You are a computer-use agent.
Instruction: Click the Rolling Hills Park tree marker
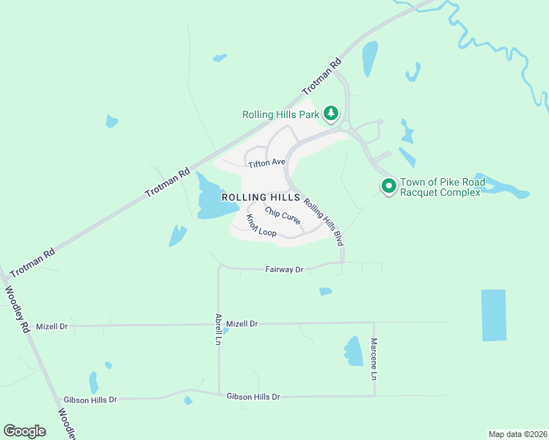(x=331, y=113)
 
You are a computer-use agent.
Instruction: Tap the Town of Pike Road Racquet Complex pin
(x=388, y=186)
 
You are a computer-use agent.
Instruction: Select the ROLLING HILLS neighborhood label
(x=261, y=197)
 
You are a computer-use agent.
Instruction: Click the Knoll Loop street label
(x=261, y=227)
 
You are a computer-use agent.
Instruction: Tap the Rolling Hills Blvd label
(x=324, y=223)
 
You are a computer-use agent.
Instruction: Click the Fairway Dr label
(x=284, y=270)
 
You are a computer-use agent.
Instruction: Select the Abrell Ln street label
(x=218, y=329)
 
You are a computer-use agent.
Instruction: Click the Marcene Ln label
(x=374, y=359)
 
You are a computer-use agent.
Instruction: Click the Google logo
(x=25, y=431)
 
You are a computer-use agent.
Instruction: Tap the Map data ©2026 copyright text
(x=517, y=433)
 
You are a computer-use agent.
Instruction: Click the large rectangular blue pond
(x=493, y=315)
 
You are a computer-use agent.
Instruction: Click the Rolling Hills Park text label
(x=281, y=114)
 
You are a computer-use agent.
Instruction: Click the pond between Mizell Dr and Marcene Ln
(x=354, y=351)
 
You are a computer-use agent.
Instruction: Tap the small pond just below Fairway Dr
(x=325, y=292)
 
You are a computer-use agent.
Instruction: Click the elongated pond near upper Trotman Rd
(x=369, y=59)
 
